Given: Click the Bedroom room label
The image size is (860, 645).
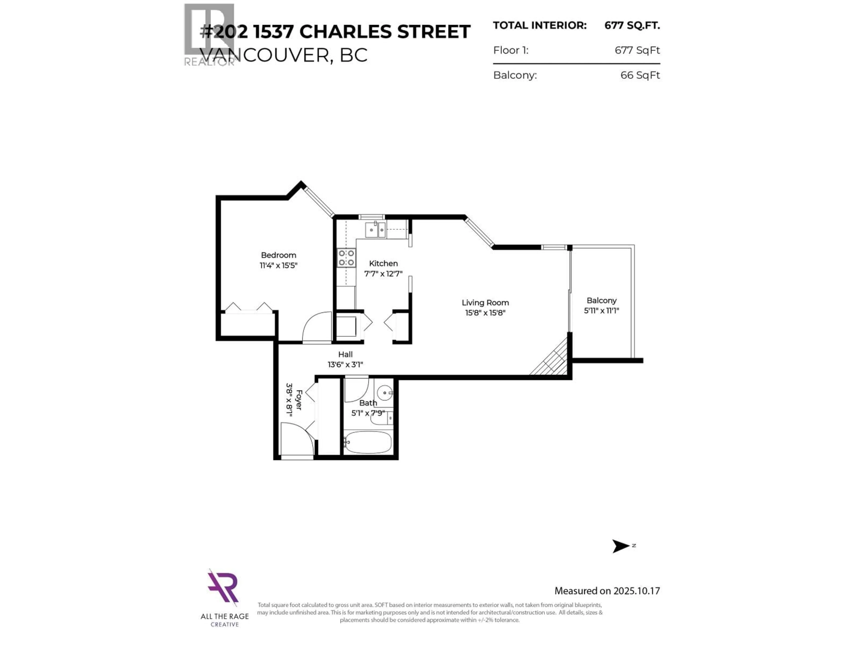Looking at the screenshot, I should (x=278, y=255).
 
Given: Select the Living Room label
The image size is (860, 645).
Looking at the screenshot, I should (x=485, y=303).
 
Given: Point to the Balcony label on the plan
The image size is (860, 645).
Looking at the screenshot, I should (x=602, y=301).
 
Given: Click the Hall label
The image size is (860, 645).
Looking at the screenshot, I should (x=345, y=354).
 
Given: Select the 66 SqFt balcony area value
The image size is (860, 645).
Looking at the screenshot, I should (x=640, y=75).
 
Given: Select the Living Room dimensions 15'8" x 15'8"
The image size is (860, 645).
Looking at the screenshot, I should (x=485, y=313).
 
